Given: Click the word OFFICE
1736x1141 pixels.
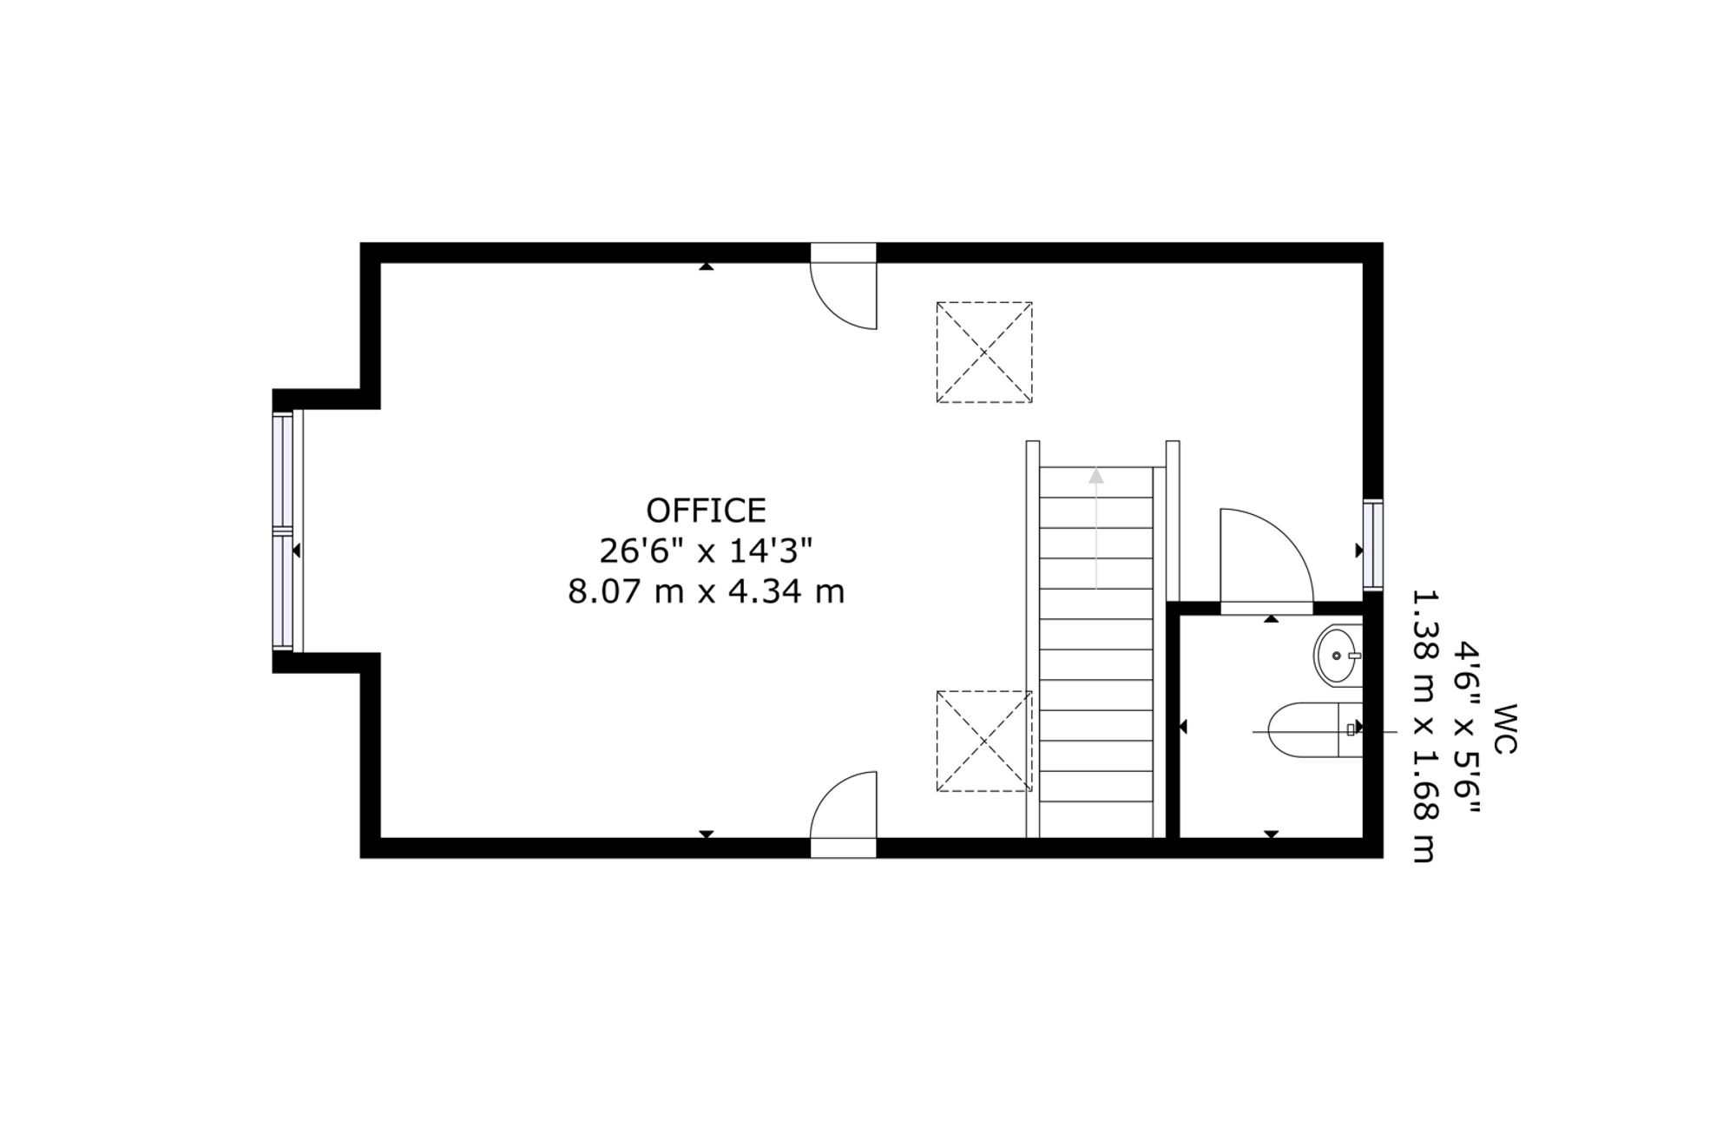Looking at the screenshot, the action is point(706,511).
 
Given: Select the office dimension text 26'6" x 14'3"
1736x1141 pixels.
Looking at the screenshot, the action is point(706,551).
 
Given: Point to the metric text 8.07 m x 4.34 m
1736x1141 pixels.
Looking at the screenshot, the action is point(706,592).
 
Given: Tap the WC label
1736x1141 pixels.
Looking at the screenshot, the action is point(1505,729).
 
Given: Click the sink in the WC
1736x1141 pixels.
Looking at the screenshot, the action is point(1338,656).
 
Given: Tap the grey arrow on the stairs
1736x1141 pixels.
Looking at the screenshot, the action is point(1096,529).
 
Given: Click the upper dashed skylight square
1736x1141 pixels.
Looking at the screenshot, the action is point(984,352).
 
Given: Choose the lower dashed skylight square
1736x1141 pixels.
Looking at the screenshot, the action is point(984,741).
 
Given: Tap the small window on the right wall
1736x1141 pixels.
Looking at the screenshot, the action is point(1372,544).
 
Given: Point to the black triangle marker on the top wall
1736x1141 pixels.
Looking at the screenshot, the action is point(707,267).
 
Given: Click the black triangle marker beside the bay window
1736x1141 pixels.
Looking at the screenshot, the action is point(297,551).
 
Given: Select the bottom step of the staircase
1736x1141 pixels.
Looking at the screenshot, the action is point(1096,816).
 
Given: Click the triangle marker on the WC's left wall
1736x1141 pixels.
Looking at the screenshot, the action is point(1182,727).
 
